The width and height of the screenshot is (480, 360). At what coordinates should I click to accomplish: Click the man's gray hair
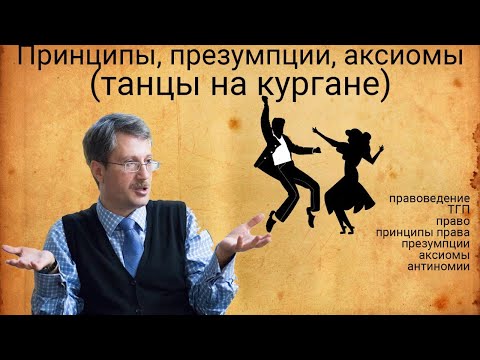(128, 128)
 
